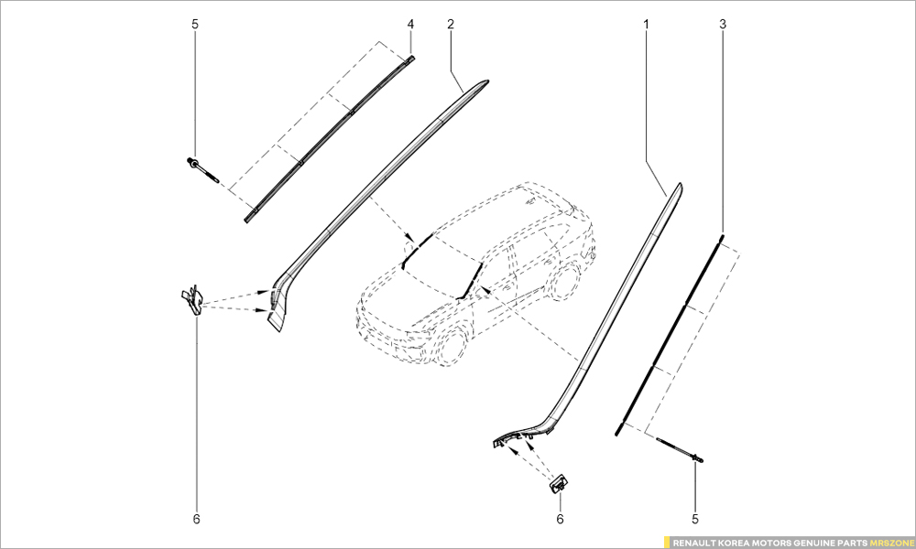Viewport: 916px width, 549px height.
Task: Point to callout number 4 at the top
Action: point(410,23)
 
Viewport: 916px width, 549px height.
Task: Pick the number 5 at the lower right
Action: point(695,520)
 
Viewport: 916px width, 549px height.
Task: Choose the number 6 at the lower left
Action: point(196,520)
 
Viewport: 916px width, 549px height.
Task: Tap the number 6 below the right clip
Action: point(561,520)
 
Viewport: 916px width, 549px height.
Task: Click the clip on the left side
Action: point(191,299)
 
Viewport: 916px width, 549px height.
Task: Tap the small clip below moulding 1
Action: point(558,482)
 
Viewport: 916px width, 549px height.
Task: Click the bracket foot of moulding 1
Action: point(513,440)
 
